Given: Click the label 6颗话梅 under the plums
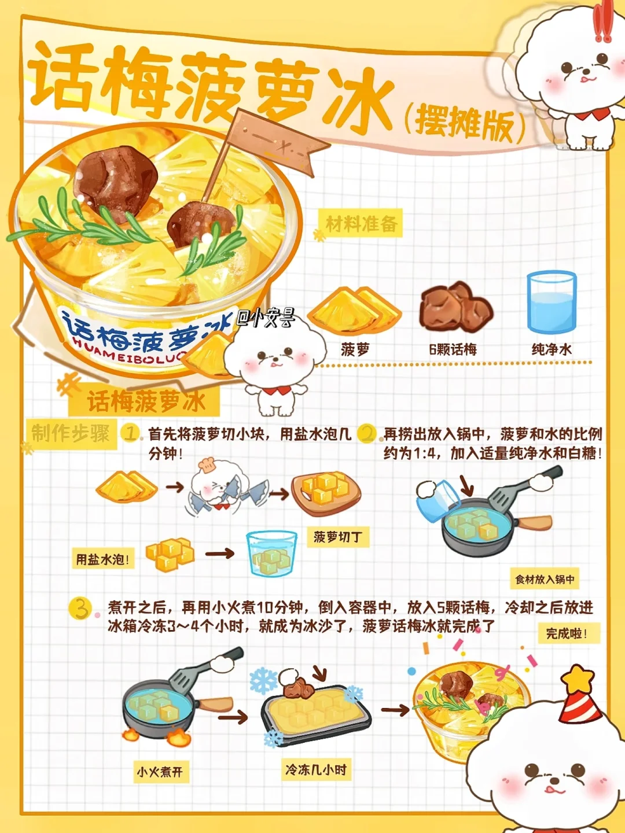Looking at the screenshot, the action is click(453, 349).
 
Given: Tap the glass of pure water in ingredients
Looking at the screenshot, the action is click(552, 302).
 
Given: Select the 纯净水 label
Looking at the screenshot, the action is click(552, 349).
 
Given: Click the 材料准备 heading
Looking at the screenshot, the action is click(362, 223).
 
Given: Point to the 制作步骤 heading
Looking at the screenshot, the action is click(71, 433).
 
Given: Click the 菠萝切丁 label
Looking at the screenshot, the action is click(338, 537).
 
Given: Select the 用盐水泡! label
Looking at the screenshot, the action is click(102, 559).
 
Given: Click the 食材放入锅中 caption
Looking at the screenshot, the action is click(544, 580).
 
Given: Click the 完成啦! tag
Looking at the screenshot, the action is click(567, 633).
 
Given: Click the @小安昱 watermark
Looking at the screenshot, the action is click(266, 318).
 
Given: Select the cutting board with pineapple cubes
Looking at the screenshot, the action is click(326, 493).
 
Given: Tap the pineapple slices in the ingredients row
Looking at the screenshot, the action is click(354, 311).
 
